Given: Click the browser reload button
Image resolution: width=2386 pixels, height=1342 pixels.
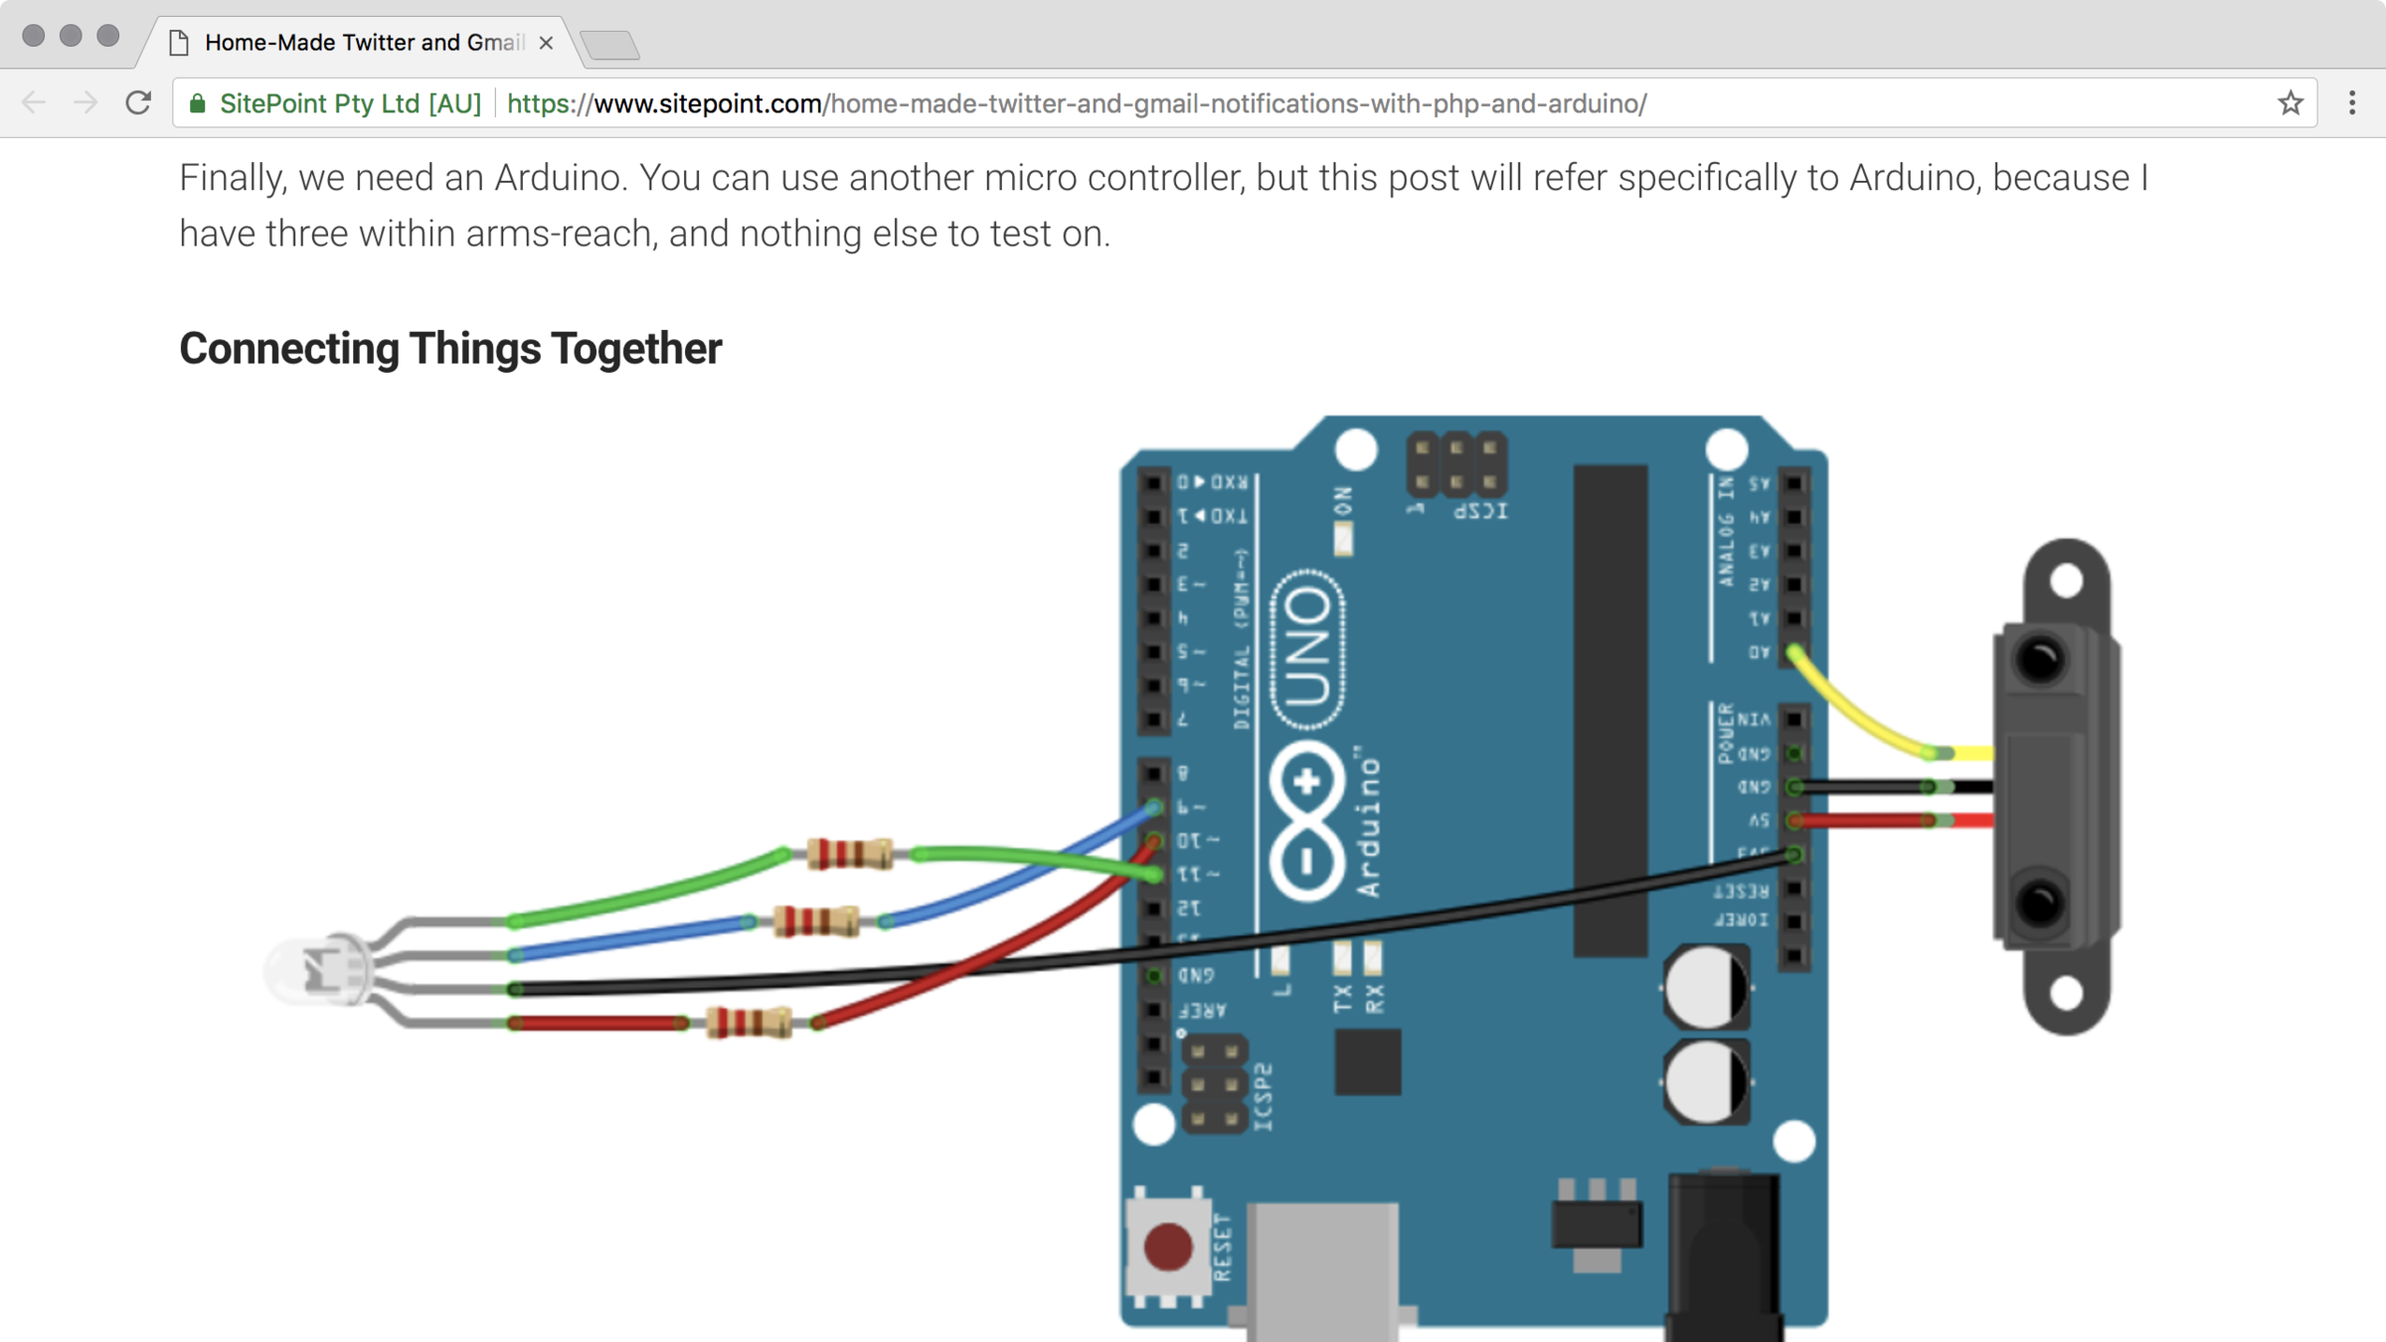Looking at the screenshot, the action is tap(138, 102).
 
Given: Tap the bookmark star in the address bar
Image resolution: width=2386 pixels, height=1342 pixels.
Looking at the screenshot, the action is tap(2291, 102).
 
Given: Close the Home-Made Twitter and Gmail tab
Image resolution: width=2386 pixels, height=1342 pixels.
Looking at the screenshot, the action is tap(546, 43).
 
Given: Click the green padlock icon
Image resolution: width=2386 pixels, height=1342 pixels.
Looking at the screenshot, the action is tap(198, 103).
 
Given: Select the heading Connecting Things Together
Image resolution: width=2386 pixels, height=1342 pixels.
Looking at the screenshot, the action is tap(450, 349).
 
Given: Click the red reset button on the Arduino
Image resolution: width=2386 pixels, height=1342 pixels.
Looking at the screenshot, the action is tap(1167, 1247).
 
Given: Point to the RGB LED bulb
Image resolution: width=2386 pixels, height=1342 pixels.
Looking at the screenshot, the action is tap(316, 969).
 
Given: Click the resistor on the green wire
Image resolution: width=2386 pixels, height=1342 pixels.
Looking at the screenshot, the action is tap(849, 854).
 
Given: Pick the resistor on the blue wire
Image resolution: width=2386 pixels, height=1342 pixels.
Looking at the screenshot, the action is tap(815, 922).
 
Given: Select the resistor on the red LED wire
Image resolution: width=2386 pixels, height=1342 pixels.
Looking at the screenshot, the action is tap(749, 1022).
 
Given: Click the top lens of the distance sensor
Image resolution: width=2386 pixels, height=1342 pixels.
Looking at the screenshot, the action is tap(2040, 659).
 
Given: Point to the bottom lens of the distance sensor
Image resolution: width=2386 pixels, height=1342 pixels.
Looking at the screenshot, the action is tap(2040, 903).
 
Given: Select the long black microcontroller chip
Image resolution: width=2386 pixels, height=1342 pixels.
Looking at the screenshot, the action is tap(1610, 710).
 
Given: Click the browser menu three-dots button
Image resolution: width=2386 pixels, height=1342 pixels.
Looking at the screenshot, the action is tap(2352, 102).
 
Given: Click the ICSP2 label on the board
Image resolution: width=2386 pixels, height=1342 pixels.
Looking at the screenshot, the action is tap(1263, 1096).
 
